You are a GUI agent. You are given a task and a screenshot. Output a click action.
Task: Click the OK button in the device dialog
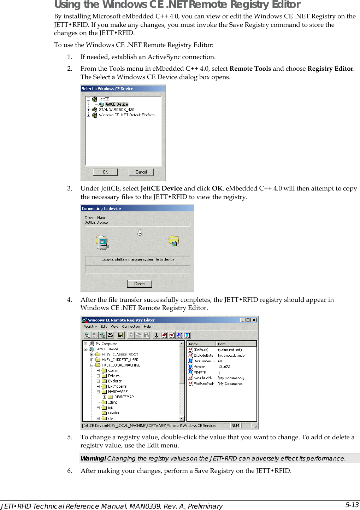tap(105, 172)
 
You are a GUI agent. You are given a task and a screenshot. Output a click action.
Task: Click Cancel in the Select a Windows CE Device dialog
tap(141, 172)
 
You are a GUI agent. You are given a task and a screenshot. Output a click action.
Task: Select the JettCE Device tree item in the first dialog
tap(116, 104)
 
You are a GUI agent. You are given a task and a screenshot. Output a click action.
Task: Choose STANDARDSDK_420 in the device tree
tap(116, 110)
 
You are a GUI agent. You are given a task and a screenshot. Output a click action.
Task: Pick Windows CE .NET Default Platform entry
tap(126, 115)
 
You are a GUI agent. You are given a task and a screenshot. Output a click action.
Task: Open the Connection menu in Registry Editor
tap(131, 327)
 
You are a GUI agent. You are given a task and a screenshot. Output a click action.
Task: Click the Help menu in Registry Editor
tap(147, 327)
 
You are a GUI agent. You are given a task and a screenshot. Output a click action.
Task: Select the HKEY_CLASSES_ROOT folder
tap(120, 354)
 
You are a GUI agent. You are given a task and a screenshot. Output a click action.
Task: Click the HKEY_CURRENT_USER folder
tap(120, 360)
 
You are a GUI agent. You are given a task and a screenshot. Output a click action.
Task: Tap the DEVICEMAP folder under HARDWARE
tap(124, 397)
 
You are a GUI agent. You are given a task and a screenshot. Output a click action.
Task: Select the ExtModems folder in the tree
tap(117, 386)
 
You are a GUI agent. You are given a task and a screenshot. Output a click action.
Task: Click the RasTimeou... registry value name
tap(204, 361)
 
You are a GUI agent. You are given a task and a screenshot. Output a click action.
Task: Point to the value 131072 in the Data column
tap(224, 367)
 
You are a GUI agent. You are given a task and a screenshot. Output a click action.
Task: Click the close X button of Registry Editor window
tap(254, 320)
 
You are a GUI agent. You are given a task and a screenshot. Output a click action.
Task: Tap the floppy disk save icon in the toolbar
tap(120, 335)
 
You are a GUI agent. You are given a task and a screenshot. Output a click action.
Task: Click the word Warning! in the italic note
tap(93, 458)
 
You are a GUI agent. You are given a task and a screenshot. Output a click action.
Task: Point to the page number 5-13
tap(352, 505)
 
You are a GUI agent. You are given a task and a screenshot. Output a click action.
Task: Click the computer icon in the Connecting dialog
tap(102, 242)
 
